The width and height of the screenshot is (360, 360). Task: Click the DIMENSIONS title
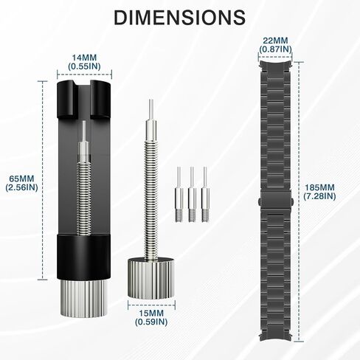[180, 18]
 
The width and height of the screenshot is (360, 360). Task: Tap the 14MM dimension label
[84, 58]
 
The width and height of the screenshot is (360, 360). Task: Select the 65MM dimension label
[21, 179]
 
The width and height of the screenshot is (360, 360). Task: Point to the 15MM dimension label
[151, 314]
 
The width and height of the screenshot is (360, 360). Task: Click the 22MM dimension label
[275, 41]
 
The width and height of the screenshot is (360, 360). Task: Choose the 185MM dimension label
[319, 187]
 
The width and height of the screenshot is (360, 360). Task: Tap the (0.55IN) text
[84, 66]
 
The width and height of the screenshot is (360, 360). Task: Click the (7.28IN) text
[319, 196]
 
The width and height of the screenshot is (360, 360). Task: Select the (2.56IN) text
[21, 187]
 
